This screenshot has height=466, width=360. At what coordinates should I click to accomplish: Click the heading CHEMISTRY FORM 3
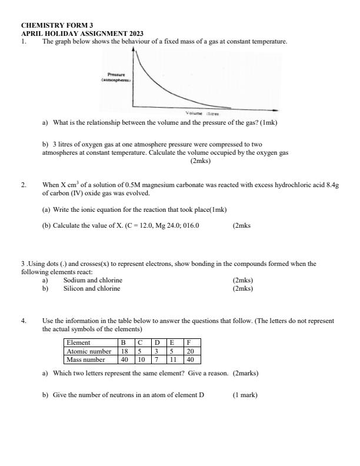pyautogui.click(x=57, y=26)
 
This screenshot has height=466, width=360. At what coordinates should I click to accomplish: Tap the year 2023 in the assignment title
pyautogui.click(x=132, y=34)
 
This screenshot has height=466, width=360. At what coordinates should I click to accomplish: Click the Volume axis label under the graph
pyautogui.click(x=195, y=113)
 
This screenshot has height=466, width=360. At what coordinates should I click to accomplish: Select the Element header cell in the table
pyautogui.click(x=78, y=342)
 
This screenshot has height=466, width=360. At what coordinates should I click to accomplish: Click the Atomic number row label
pyautogui.click(x=89, y=351)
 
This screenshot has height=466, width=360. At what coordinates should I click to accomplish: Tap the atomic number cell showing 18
pyautogui.click(x=125, y=351)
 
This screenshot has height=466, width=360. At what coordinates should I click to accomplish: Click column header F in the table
pyautogui.click(x=189, y=342)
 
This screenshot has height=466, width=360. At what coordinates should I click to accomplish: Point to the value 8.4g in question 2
pyautogui.click(x=332, y=185)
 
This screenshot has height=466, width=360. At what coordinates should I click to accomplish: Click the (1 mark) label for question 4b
pyautogui.click(x=245, y=395)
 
